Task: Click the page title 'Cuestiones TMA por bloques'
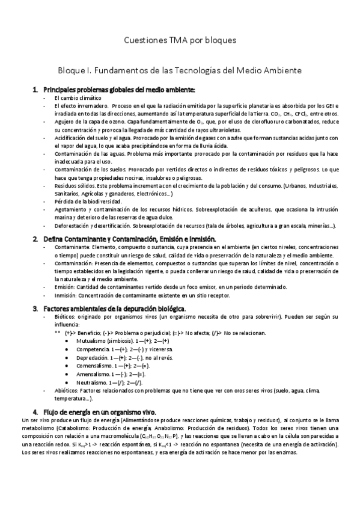coord(180,40)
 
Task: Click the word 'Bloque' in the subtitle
coord(72,70)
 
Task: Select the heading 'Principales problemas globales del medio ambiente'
coord(119,90)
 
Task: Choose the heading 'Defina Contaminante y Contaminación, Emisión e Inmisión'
coord(129,239)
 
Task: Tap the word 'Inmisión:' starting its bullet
coord(65,295)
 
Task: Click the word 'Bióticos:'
coord(64,316)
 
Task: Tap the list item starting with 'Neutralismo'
coord(93,382)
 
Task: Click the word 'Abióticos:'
coord(66,390)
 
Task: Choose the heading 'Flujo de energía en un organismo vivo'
coord(100,411)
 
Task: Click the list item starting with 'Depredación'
coord(95,357)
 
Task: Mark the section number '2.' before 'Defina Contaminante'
coord(35,239)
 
